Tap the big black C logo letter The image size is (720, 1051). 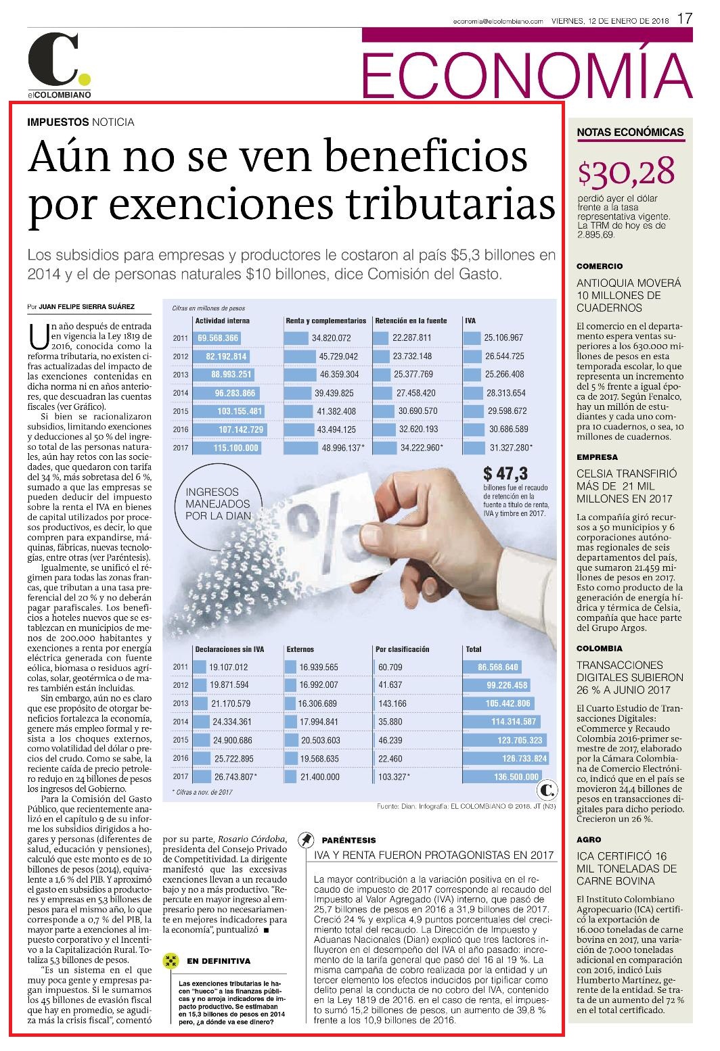pos(53,59)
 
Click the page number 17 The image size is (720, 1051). pos(685,19)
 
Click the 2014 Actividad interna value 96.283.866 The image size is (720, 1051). pos(235,393)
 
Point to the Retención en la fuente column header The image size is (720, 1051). pos(411,321)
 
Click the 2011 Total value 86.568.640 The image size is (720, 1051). pos(498,668)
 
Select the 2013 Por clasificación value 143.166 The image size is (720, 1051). pos(392,704)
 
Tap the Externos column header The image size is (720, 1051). pos(300,649)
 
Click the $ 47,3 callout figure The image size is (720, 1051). pos(505,473)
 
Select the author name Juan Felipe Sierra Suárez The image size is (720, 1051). pos(87,306)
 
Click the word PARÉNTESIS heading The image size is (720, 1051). pos(348,840)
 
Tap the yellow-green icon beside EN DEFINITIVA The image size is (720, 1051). pos(171,960)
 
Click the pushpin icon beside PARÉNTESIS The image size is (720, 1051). pos(307,839)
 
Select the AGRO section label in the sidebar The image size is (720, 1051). pos(589,839)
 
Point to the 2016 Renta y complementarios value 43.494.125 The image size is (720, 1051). pos(336,429)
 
